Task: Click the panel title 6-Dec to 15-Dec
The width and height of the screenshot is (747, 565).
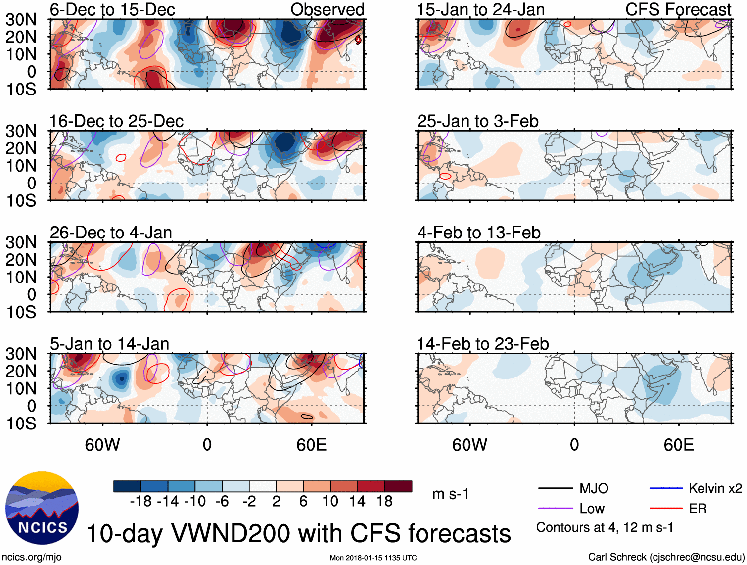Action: coord(112,9)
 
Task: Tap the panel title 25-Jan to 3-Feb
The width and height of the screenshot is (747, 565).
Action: coord(477,121)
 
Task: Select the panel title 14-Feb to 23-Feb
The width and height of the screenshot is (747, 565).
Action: coord(482,344)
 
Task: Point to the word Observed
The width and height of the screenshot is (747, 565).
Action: coord(327,9)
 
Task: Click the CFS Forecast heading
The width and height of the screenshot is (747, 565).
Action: coord(678,9)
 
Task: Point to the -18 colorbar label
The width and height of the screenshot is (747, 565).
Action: coord(141,502)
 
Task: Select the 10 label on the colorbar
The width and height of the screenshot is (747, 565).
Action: coord(330,502)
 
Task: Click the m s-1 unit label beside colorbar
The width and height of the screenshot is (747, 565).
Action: coord(450,494)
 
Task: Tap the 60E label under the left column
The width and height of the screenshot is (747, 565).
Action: coord(311,445)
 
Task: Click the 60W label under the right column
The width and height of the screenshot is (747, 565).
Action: coord(469,445)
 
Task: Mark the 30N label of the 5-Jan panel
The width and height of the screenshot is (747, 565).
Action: coord(21,354)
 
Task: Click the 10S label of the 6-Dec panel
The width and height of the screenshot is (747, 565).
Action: coord(21,90)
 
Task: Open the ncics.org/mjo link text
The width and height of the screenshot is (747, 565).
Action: coord(31,557)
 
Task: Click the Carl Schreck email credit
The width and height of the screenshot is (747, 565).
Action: coord(666,557)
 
